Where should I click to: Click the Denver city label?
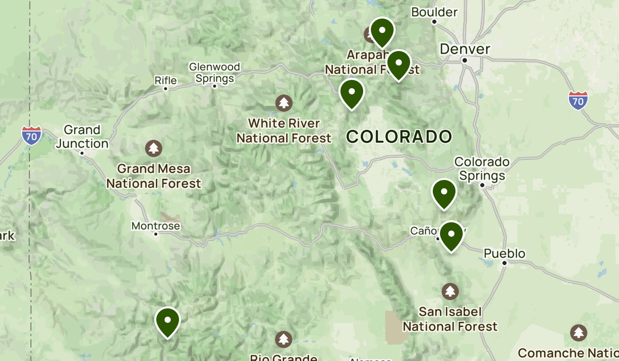[x=465, y=49]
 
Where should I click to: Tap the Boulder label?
[x=434, y=12]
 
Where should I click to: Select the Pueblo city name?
[x=504, y=253]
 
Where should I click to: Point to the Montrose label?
[x=156, y=226]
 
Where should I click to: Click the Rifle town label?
[x=166, y=80]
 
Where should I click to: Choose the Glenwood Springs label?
[x=215, y=73]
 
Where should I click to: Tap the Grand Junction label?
[x=82, y=137]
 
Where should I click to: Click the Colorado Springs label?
[x=482, y=169]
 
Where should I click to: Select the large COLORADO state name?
[x=399, y=137]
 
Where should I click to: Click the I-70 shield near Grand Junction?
[x=31, y=135]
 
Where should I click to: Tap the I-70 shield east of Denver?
[x=578, y=100]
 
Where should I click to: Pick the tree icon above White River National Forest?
[x=283, y=103]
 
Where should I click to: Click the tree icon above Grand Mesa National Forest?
[x=153, y=149]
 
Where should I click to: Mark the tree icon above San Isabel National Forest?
[x=450, y=291]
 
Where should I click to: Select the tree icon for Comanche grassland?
[x=579, y=332]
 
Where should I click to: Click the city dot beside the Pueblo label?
[x=504, y=263]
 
